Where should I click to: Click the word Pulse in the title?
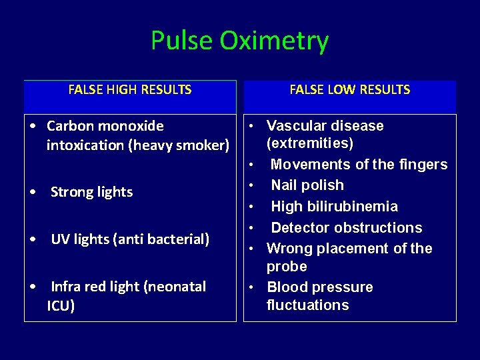click(181, 41)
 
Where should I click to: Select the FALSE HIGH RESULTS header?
click(130, 89)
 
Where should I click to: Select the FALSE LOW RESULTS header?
click(350, 89)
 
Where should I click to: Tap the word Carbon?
click(71, 126)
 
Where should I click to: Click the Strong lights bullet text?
click(92, 192)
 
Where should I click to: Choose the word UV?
click(59, 239)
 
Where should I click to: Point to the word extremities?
click(310, 143)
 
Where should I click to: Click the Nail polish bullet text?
click(307, 185)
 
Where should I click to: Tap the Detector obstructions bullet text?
click(347, 227)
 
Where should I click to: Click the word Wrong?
click(288, 249)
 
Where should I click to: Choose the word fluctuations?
click(307, 305)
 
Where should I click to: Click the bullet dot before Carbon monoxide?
click(33, 126)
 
